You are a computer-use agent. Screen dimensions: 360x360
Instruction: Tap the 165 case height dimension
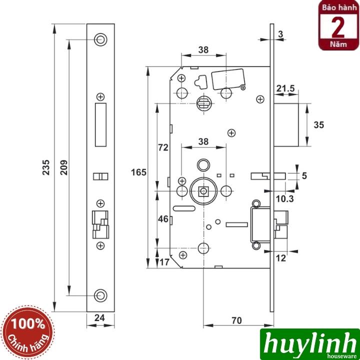[x=140, y=172]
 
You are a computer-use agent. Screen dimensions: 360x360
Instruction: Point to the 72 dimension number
[x=163, y=147]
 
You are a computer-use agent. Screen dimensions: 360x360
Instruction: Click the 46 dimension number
[x=163, y=219]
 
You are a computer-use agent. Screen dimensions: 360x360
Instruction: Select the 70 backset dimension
[x=238, y=320]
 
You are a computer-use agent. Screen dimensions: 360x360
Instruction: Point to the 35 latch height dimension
[x=318, y=124]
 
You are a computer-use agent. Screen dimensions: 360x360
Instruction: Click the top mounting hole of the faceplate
[x=100, y=38]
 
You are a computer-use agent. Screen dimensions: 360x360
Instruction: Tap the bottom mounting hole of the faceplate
[x=100, y=295]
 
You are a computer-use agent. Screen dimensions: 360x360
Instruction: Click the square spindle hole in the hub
[x=203, y=190]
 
